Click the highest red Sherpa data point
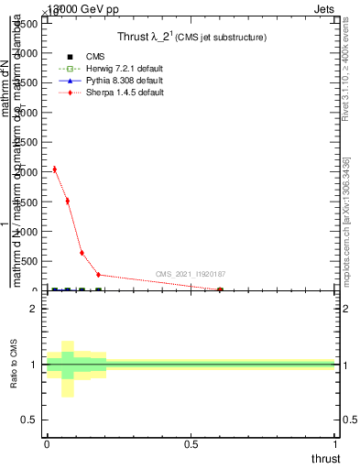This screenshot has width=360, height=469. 55,169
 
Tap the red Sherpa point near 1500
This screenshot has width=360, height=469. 68,201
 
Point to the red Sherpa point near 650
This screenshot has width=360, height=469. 82,253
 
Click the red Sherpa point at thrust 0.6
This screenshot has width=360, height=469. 220,289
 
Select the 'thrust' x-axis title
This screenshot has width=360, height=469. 324,458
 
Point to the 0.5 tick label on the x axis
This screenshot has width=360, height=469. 191,444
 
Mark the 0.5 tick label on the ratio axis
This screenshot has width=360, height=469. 30,420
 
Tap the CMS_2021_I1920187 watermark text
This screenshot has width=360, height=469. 190,274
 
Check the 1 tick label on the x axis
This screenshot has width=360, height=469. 336,444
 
